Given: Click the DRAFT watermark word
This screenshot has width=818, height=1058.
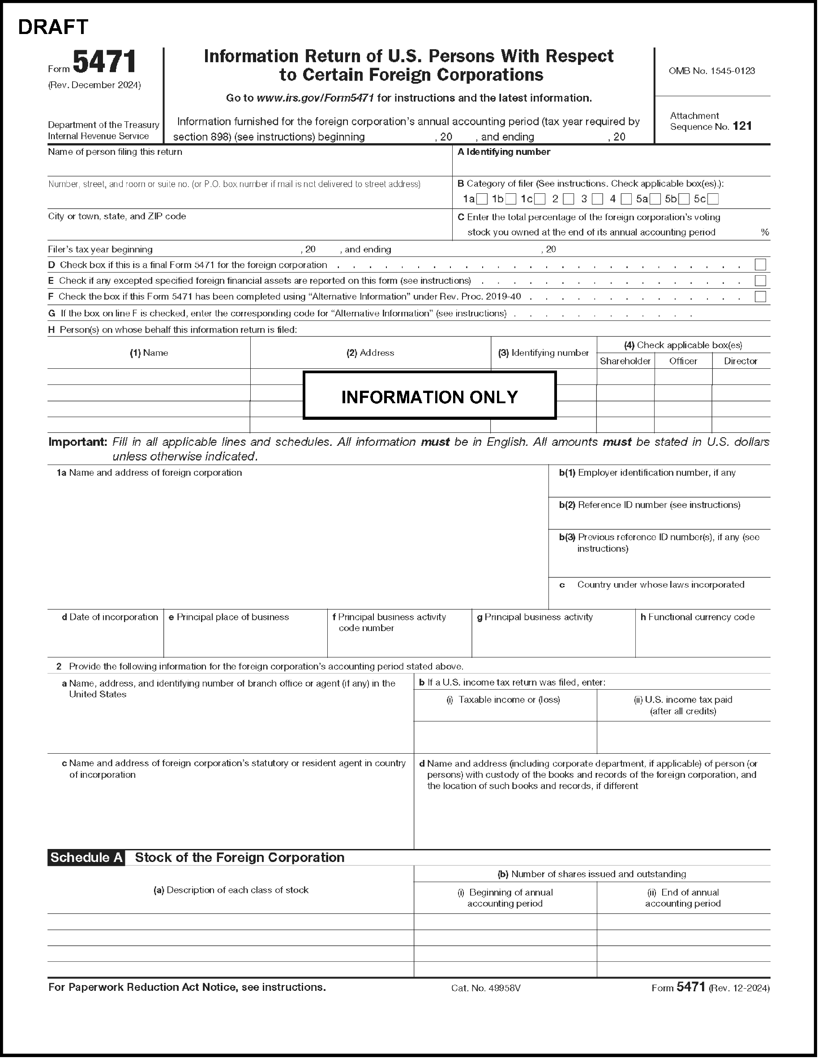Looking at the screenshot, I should [53, 27].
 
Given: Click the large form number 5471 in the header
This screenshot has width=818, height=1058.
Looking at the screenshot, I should [104, 63].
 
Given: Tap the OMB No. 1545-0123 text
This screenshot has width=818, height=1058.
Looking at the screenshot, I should [711, 71].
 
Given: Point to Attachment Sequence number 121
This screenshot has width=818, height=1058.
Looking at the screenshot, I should [742, 126].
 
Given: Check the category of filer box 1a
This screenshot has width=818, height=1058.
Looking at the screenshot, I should [482, 199].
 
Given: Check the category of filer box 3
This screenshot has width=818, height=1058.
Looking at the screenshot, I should [598, 199].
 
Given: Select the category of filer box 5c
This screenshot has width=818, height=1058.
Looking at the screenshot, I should [713, 199].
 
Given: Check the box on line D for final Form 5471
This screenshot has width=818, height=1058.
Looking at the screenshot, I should [760, 264].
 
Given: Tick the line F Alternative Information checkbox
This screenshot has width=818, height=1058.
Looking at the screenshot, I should [760, 296].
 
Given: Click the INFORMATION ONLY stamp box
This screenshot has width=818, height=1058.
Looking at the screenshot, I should [429, 395].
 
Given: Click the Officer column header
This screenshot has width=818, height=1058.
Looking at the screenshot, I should [683, 361].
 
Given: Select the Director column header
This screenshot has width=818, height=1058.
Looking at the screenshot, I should [741, 361].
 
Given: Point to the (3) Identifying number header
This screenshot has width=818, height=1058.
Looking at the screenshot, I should [543, 353].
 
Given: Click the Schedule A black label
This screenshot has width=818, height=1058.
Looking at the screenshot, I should [86, 857].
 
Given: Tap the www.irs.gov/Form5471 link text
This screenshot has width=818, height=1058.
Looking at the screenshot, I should [315, 98].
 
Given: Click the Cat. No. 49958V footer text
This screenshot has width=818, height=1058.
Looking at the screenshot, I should [486, 988].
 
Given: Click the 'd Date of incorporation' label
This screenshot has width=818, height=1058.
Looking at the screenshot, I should [110, 617].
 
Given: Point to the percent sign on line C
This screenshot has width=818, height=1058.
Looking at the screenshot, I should [765, 232].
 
